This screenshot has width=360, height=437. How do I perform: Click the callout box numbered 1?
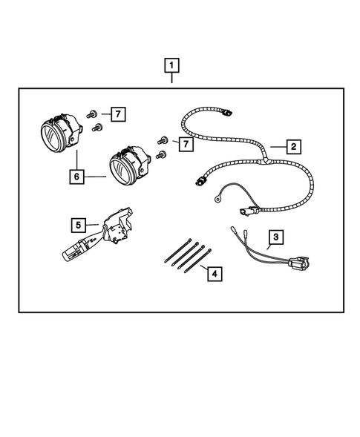point(172,66)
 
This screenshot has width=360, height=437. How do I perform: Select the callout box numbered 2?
point(294,146)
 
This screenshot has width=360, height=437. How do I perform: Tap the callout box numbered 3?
point(275,237)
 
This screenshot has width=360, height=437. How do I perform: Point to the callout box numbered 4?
point(214,274)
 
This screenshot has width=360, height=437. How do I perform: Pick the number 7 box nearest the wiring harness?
point(183,141)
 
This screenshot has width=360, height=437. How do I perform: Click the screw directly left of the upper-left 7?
point(91,114)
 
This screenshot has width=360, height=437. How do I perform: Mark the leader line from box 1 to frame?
point(172,81)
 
